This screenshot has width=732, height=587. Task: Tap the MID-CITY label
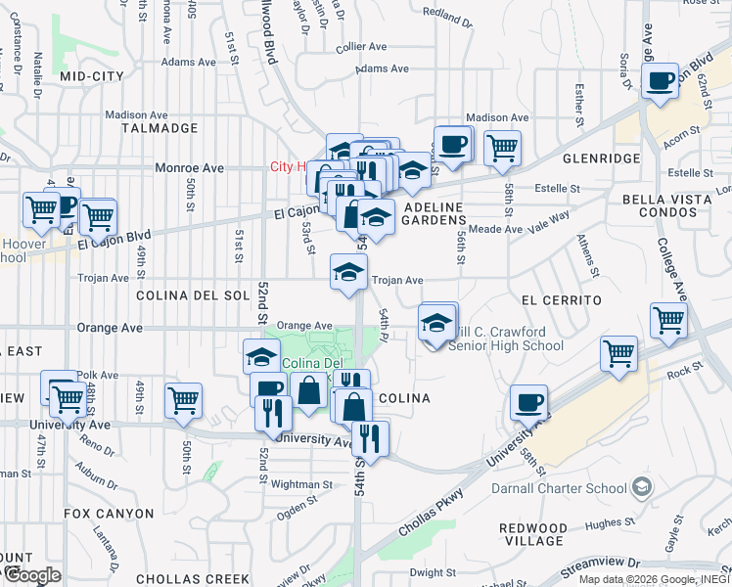click(91, 75)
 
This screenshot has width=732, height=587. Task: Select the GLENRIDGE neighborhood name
click(593, 158)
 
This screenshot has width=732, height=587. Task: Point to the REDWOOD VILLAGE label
click(532, 534)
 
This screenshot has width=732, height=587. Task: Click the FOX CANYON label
click(109, 513)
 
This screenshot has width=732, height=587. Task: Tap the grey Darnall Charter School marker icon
click(641, 486)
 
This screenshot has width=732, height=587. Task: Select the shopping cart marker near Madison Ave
click(502, 148)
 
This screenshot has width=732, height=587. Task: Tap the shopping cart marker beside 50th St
click(183, 399)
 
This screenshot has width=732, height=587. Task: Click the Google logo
click(31, 574)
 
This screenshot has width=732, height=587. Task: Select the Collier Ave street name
click(360, 46)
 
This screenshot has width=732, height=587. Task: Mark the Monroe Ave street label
click(190, 168)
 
